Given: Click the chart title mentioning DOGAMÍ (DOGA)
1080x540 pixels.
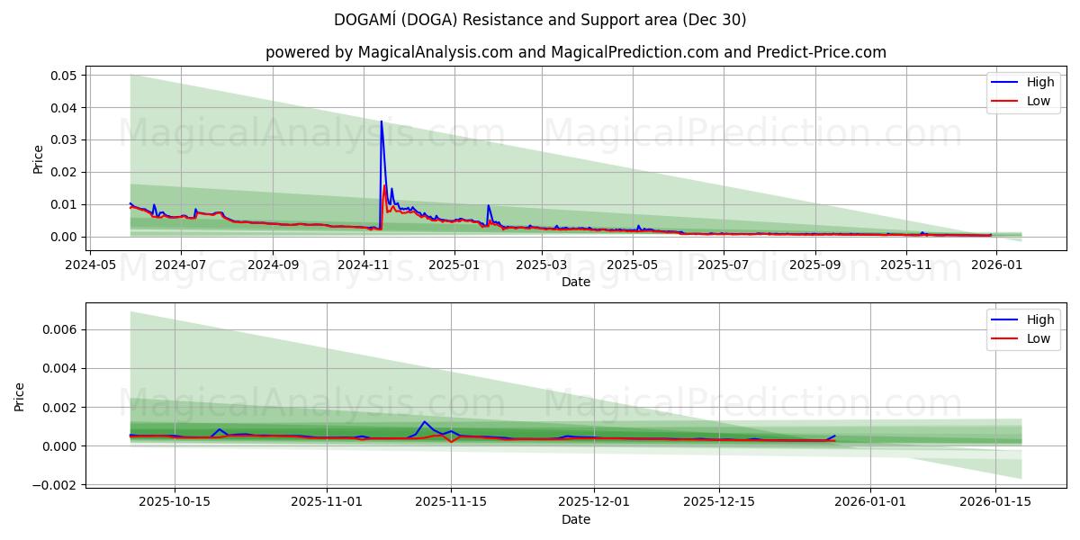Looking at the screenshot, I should [x=539, y=20].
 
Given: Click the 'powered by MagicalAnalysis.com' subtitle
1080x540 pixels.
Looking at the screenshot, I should [x=575, y=52].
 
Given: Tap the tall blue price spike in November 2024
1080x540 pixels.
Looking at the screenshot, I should [x=382, y=122].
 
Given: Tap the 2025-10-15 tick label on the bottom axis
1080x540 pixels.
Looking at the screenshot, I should [x=175, y=502].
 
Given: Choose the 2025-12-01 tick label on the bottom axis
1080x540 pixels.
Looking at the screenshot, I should [x=594, y=502].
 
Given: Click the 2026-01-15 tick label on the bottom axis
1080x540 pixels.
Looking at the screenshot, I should [x=995, y=502].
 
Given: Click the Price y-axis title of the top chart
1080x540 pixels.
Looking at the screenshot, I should [x=38, y=159].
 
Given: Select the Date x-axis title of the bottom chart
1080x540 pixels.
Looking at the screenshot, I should [x=575, y=519].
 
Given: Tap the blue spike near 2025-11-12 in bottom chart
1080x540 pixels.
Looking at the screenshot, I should [x=424, y=422].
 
